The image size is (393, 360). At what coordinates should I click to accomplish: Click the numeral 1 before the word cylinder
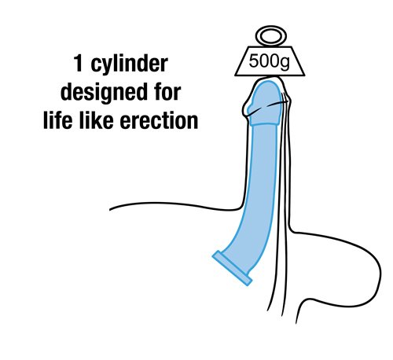coord(78,63)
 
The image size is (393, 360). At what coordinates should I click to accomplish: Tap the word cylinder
coord(129,65)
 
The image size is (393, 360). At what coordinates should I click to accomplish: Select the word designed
coord(104,93)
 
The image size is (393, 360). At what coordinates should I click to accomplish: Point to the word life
coord(57,120)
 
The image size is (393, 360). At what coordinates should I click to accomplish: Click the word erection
coord(159,120)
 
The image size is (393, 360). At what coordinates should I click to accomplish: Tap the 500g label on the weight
coord(269,62)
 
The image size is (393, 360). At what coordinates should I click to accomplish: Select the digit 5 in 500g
coord(253,61)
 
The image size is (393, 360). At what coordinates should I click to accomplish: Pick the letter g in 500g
coord(285,64)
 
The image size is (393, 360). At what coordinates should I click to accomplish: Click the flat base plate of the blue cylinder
coord(232,268)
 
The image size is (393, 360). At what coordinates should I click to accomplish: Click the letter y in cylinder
coord(104,66)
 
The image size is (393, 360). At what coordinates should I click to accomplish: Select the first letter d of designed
coord(67,92)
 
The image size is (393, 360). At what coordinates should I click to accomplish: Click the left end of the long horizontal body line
coord(109,210)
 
